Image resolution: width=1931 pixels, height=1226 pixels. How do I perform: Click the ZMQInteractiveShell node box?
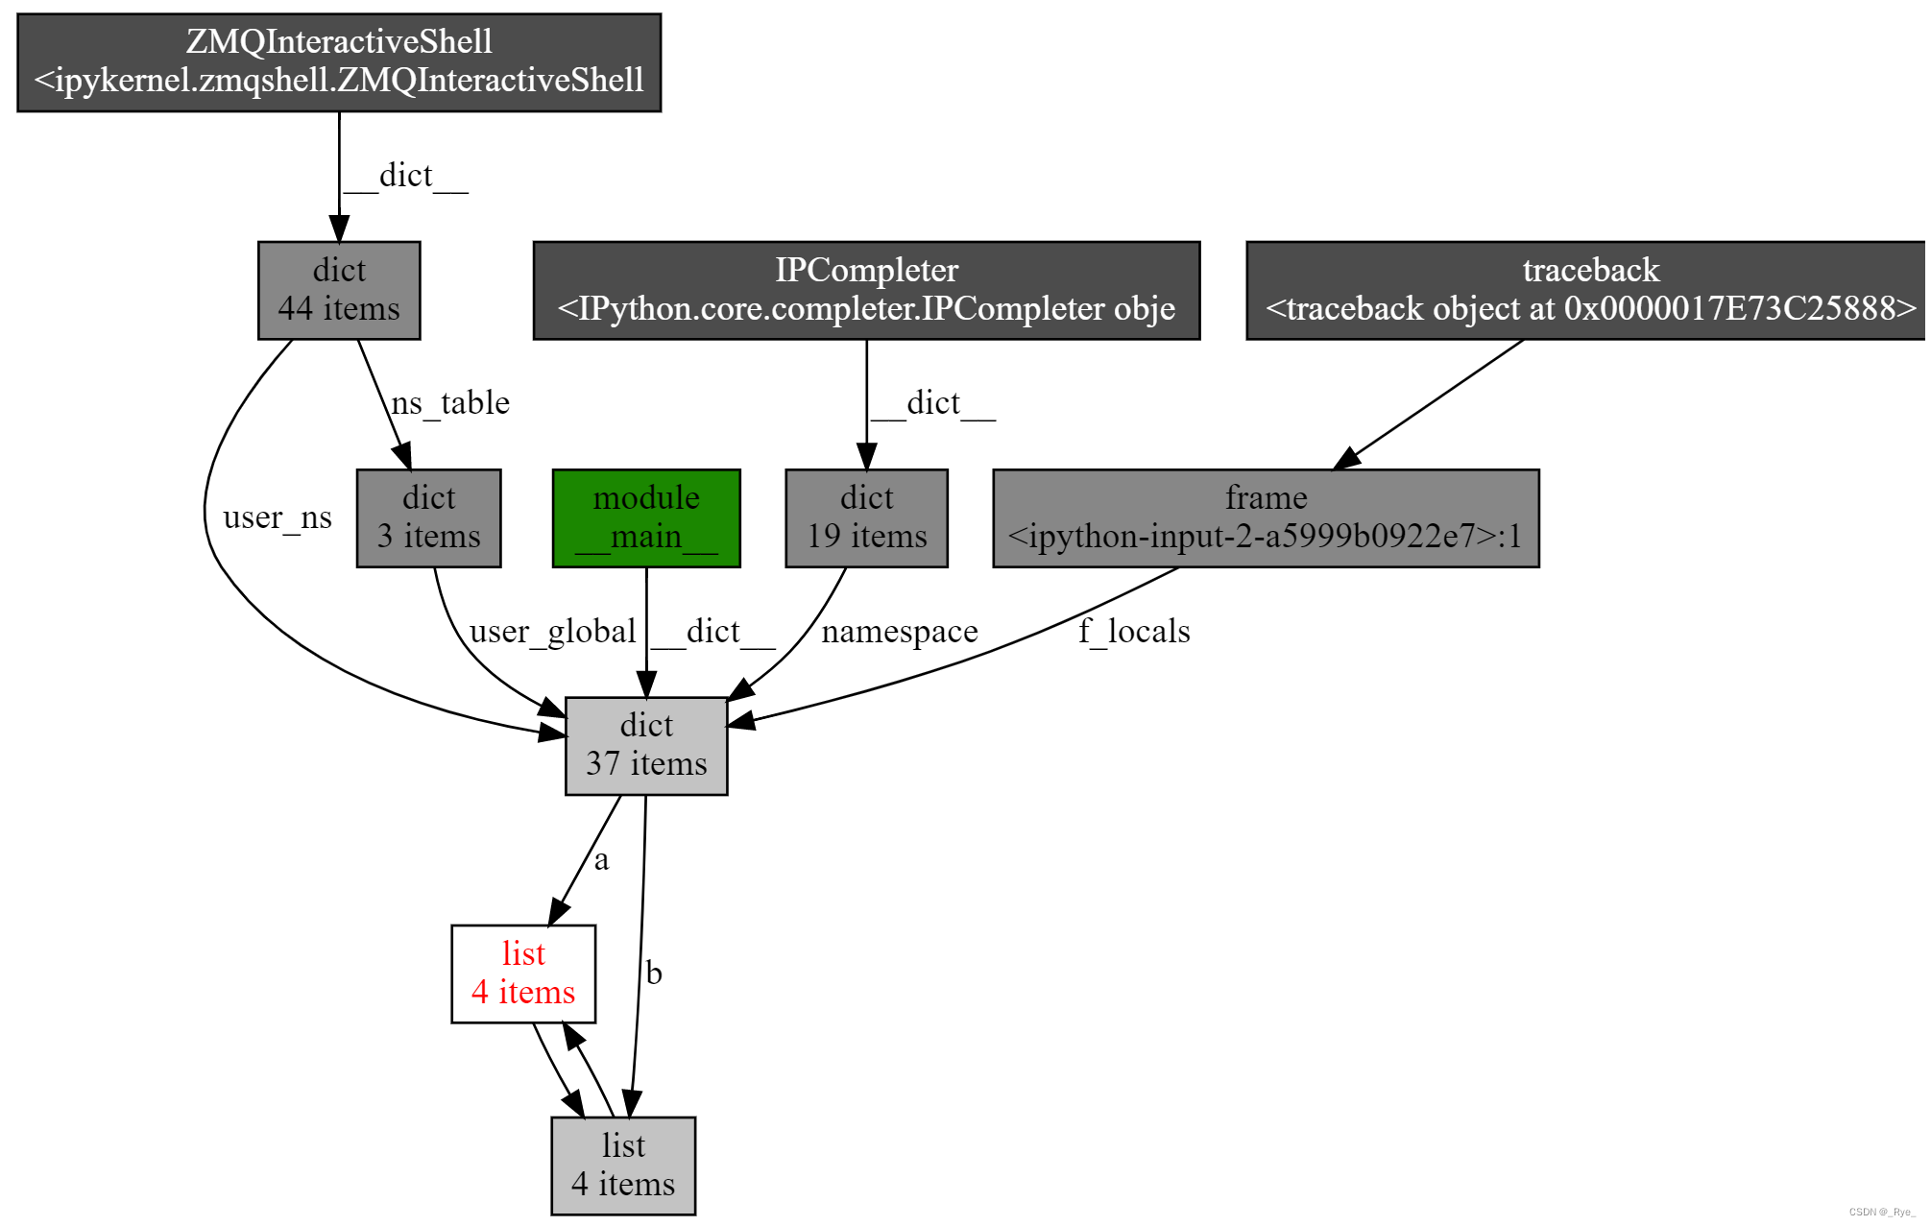pyautogui.click(x=339, y=62)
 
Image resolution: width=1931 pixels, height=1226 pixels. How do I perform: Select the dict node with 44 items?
pyautogui.click(x=339, y=290)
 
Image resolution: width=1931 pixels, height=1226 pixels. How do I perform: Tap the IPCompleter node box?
pyautogui.click(x=866, y=290)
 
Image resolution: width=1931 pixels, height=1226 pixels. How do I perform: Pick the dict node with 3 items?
pyautogui.click(x=428, y=517)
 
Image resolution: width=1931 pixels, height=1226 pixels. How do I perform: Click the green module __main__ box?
pyautogui.click(x=646, y=517)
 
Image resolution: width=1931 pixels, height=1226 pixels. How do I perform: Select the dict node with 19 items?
pyautogui.click(x=866, y=517)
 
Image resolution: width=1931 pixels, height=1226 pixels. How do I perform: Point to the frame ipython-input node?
pyautogui.click(x=1266, y=517)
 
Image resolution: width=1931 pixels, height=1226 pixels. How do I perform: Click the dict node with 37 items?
pyautogui.click(x=646, y=745)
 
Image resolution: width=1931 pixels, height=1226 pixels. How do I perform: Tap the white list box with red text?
pyautogui.click(x=523, y=974)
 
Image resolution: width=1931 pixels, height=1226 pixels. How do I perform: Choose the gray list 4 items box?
pyautogui.click(x=623, y=1165)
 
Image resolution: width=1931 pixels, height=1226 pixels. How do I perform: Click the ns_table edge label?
pyautogui.click(x=450, y=402)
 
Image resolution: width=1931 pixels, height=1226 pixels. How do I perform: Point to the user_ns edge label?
pyautogui.click(x=278, y=517)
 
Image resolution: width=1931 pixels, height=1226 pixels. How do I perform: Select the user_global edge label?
pyautogui.click(x=552, y=631)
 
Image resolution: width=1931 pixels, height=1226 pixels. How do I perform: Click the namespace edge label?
pyautogui.click(x=900, y=631)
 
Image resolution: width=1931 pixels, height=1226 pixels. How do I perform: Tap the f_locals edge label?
pyautogui.click(x=1134, y=631)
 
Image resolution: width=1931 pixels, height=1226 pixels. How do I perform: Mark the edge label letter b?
pyautogui.click(x=654, y=973)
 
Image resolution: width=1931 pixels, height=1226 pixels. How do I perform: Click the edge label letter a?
pyautogui.click(x=601, y=859)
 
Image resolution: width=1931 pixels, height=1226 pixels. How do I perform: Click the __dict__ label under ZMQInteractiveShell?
pyautogui.click(x=406, y=176)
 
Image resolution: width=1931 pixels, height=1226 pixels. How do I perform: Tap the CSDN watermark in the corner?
pyautogui.click(x=1882, y=1212)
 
